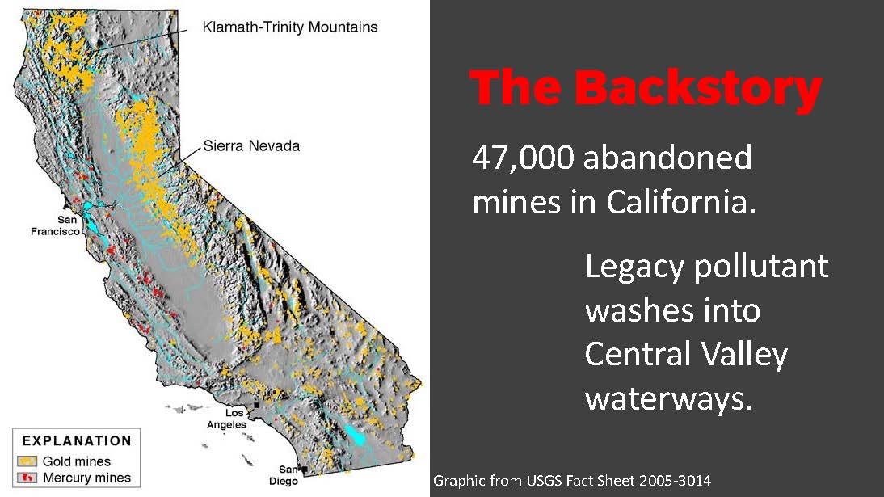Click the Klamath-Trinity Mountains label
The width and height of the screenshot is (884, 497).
point(290,27)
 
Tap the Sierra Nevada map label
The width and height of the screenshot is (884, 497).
point(251,146)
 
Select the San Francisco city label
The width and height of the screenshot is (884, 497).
point(55,225)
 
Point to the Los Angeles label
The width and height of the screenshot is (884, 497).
point(226,419)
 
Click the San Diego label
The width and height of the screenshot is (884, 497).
point(284,475)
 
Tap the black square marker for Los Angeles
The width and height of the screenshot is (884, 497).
point(256,405)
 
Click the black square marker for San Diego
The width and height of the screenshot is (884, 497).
point(305,470)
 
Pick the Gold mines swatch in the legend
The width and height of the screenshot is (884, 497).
point(27,461)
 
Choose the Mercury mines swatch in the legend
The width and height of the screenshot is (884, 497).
point(27,478)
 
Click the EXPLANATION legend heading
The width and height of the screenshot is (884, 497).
point(77,440)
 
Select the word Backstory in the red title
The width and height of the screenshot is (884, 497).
point(698,87)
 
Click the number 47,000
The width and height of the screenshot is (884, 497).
point(523,158)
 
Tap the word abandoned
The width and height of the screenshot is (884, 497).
point(667,157)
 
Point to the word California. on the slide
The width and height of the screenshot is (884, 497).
point(681,201)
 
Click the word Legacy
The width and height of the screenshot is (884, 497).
point(635,267)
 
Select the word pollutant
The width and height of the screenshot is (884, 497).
point(761,266)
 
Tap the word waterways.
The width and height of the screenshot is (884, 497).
point(668,399)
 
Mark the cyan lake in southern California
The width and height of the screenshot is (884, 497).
point(356,435)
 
